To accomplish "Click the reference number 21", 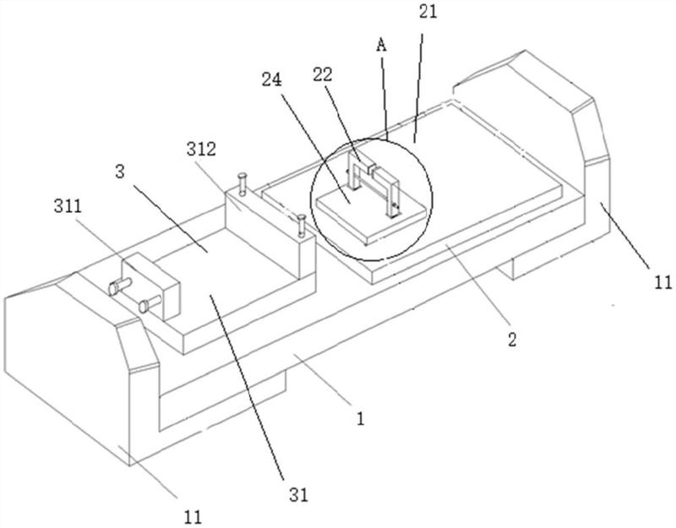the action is coord(428,11).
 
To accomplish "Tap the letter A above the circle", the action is coord(381,46).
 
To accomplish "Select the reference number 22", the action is coord(323,75).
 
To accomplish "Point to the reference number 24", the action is coord(272,79).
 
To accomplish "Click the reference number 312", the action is coord(201,150).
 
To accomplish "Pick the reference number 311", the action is coord(68,206).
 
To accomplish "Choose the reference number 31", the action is coord(299,495).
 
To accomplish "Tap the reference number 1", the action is coord(361,418).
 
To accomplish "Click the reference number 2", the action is coord(512,340).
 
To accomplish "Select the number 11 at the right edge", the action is coord(663,283).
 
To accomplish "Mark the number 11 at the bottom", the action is coord(193,517).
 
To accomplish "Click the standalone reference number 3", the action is coord(120,171).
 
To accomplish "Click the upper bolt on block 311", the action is coord(120,286).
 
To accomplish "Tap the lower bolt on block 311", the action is coord(150,303).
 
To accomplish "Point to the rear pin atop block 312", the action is coord(243,183).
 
